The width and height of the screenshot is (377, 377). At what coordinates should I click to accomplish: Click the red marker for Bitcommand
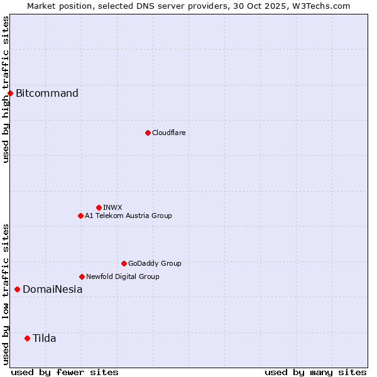(10, 94)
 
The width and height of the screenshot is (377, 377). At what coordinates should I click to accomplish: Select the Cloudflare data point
(148, 133)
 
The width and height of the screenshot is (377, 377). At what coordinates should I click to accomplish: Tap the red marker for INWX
(99, 207)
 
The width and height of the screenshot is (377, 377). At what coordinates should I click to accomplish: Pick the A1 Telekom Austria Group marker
(80, 216)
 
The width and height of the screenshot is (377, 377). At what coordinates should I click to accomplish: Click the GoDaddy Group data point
(124, 263)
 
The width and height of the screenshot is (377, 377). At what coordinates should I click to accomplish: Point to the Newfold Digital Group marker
(82, 276)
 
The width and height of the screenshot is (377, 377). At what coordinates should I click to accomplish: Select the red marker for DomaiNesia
(17, 290)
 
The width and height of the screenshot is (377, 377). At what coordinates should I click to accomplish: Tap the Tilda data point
(27, 339)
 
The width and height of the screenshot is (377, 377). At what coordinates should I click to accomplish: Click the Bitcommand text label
(47, 94)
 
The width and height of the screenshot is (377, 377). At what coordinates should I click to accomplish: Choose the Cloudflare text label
(169, 133)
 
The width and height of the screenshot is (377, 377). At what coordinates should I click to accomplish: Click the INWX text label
(112, 207)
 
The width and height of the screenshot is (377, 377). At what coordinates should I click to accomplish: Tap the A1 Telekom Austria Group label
(128, 216)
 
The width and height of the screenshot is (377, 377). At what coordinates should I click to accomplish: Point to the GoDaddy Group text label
(155, 263)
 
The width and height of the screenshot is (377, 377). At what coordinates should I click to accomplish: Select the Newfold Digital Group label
(123, 276)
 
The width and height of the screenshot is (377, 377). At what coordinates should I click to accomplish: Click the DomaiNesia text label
(52, 290)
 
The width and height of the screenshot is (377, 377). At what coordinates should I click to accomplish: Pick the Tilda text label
(45, 339)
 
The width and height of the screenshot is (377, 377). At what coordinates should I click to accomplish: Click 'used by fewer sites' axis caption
(65, 372)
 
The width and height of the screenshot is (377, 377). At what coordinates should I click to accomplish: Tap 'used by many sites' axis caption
(315, 372)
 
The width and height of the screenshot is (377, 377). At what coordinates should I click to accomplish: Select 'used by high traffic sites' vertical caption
(6, 89)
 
